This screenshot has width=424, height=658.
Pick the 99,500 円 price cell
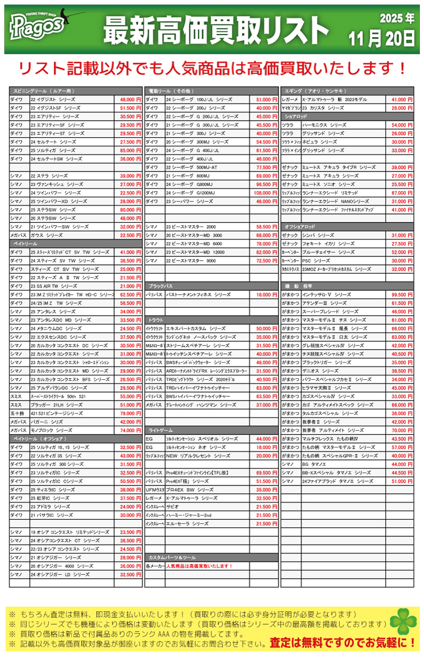point(402,294)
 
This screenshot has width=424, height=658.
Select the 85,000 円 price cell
point(129,150)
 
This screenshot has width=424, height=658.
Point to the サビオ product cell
point(207,507)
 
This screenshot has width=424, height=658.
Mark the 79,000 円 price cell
point(129,413)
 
